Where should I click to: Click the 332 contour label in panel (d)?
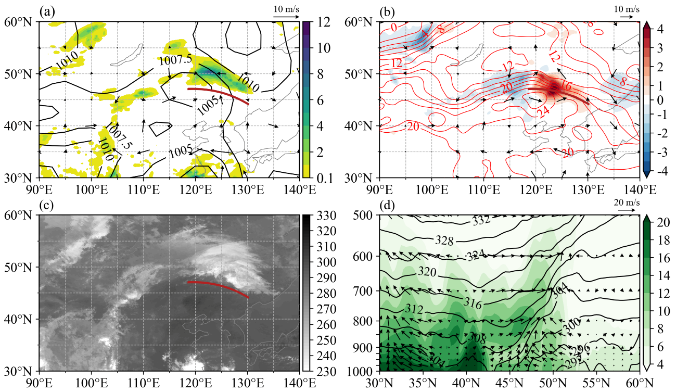(481, 221)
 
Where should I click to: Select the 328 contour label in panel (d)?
(444, 241)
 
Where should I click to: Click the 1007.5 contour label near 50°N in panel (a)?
(172, 61)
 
